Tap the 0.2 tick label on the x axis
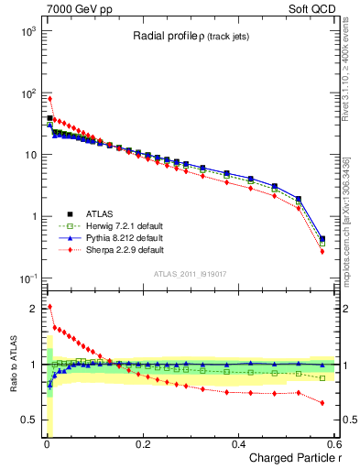[142, 444]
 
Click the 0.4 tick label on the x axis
[238, 444]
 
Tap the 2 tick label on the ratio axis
[34, 309]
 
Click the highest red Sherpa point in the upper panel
[49, 99]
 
